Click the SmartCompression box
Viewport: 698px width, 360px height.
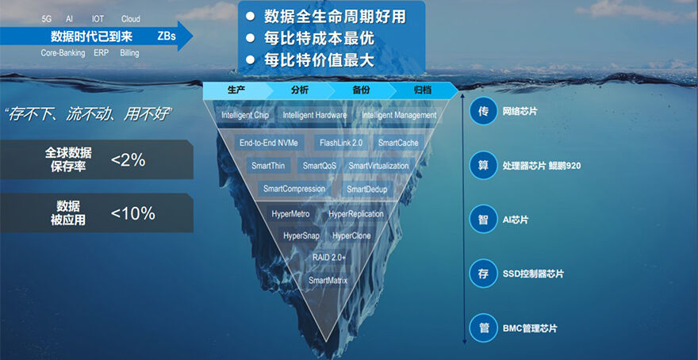coord(294,189)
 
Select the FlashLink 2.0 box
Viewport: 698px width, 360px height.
coord(341,143)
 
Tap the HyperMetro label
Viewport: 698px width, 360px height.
coord(290,214)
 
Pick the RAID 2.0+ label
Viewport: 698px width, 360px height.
coord(329,258)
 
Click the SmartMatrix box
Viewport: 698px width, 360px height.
coord(328,281)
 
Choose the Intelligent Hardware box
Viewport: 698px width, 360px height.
coord(315,115)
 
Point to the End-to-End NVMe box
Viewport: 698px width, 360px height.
coord(268,143)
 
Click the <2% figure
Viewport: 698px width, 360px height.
coord(128,159)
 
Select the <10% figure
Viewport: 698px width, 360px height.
coord(132,213)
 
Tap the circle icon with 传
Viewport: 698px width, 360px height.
coord(483,111)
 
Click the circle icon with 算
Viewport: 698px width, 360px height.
coord(483,166)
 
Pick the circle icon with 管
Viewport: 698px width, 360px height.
coord(483,328)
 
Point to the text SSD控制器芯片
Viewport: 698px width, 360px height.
coord(533,274)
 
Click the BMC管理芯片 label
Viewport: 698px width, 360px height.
coord(530,329)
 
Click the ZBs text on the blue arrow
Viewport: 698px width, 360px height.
coord(167,36)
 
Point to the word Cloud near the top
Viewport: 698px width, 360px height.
coord(130,19)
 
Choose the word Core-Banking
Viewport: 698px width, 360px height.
coord(63,53)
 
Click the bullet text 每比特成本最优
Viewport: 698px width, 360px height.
coord(319,39)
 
